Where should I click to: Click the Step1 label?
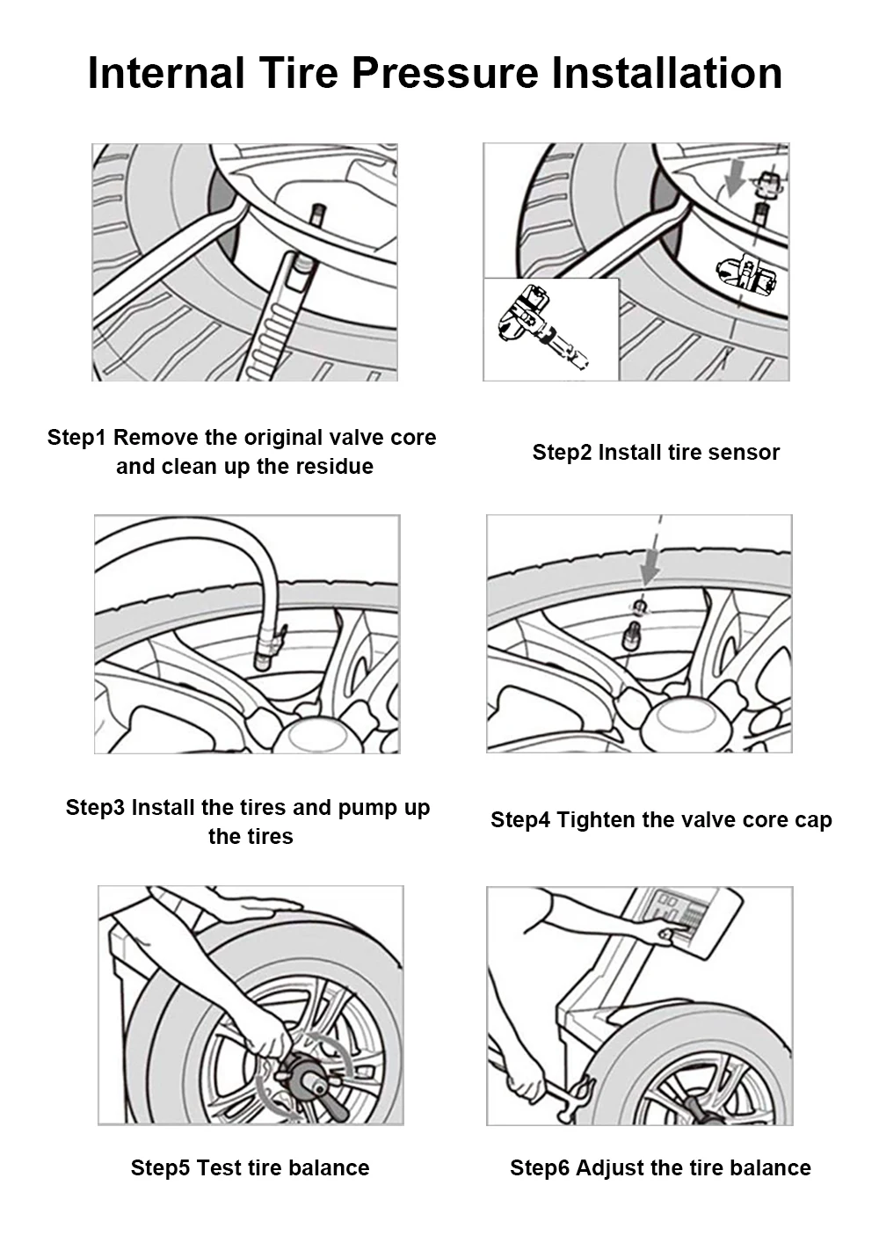[78, 438]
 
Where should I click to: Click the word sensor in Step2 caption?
[746, 453]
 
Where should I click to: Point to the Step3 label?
[96, 808]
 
